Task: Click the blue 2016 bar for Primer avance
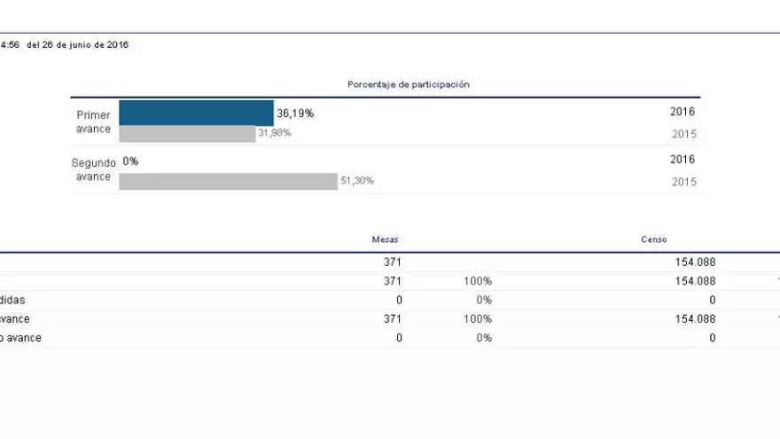point(196,113)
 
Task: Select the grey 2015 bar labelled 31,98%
point(187,134)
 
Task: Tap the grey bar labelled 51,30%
point(228,181)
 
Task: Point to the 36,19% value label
point(295,114)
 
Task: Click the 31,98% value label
point(274,133)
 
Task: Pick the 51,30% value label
point(356,181)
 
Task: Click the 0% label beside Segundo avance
point(130,161)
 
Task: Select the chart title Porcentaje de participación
point(408,84)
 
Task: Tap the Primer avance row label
point(93,122)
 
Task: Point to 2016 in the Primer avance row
point(682,113)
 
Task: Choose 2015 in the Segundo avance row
point(683,182)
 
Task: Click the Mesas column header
point(385,239)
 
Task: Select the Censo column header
point(654,239)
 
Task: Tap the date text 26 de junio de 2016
point(78,45)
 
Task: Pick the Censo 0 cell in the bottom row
point(712,338)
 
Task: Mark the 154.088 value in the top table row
point(695,263)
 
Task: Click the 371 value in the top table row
point(392,263)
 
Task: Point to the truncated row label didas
point(12,300)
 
